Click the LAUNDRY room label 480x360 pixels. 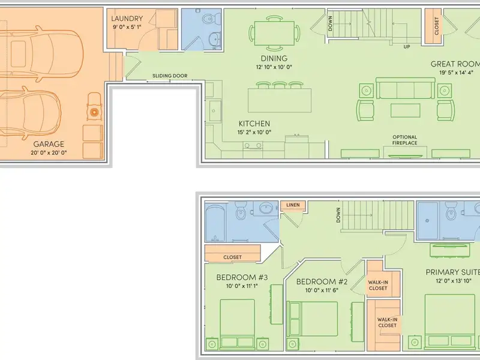click(x=127, y=19)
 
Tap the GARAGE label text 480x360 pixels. click(x=49, y=144)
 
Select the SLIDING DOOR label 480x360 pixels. click(x=170, y=76)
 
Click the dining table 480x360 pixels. click(x=274, y=33)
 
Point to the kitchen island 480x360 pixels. click(x=280, y=100)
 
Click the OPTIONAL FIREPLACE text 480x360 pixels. click(x=404, y=140)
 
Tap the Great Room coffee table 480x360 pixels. click(x=406, y=109)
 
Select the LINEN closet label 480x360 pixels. click(x=293, y=205)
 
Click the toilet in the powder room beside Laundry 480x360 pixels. click(x=211, y=19)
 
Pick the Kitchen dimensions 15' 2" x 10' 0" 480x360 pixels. click(x=254, y=132)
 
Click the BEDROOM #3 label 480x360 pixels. click(x=242, y=277)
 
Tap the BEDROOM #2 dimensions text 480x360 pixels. click(x=322, y=290)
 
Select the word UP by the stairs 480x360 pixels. click(x=407, y=47)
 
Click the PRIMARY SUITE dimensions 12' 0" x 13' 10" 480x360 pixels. click(x=454, y=281)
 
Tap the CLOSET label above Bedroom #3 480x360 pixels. click(x=232, y=257)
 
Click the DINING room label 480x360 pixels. click(x=274, y=58)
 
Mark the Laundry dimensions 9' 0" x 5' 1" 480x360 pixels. click(x=127, y=27)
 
